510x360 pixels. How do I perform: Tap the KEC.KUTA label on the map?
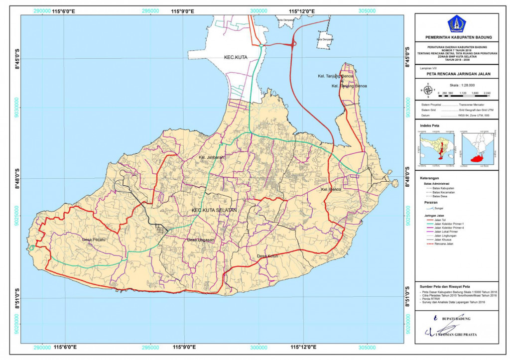(235, 58)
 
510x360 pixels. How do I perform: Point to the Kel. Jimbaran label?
(211, 157)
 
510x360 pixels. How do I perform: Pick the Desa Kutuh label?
(267, 256)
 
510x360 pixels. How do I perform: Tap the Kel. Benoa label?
(331, 190)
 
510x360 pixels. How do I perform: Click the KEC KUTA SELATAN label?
(214, 211)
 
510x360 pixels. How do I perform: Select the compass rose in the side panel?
(430, 90)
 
